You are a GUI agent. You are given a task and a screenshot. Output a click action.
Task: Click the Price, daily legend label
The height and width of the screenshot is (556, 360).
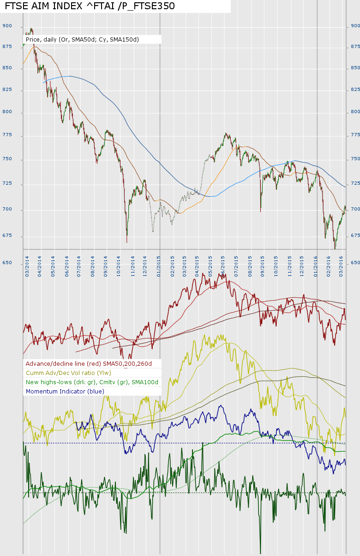click(82, 40)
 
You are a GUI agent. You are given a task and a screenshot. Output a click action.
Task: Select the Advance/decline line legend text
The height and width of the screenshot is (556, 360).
click(92, 363)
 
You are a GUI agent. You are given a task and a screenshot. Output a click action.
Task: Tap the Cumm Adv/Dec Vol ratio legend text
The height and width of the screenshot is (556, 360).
click(68, 373)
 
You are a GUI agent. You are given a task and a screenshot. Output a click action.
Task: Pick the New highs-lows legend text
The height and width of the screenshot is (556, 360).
click(92, 382)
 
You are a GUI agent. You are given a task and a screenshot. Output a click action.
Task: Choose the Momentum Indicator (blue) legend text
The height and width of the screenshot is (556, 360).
click(65, 391)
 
